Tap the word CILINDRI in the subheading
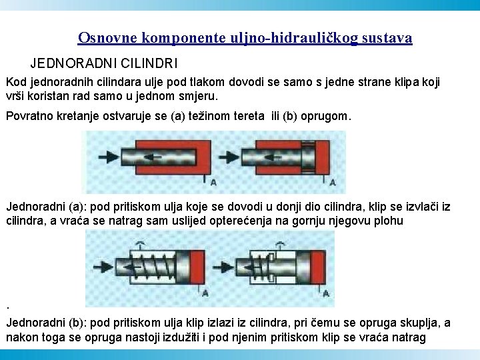pos(149,63)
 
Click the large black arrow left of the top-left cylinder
pos(109,157)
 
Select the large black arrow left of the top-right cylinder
pos(229,157)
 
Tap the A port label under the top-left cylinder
pos(213,183)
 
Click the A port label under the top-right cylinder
pos(333,183)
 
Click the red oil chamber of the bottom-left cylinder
pos(197,267)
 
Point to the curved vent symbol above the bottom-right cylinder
pos(280,244)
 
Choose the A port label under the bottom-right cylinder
pos(326,293)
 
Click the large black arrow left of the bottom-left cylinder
pos(103,267)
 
